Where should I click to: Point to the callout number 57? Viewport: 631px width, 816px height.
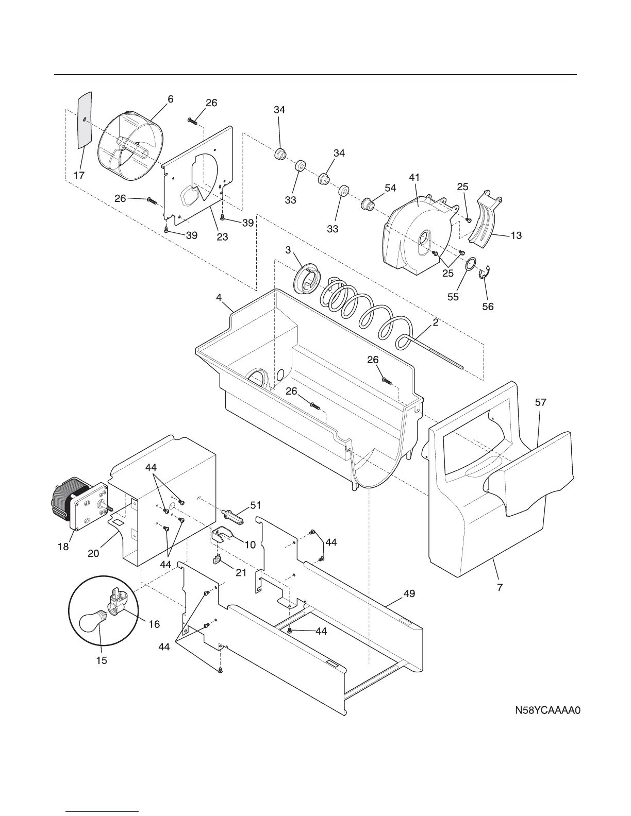tap(540, 403)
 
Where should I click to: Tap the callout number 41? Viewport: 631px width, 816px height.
tap(414, 177)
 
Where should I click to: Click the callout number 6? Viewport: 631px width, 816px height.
tap(170, 99)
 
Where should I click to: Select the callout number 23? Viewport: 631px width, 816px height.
tap(222, 237)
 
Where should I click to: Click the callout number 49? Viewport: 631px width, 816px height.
tap(409, 594)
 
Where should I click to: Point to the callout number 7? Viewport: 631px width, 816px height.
tap(500, 587)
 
